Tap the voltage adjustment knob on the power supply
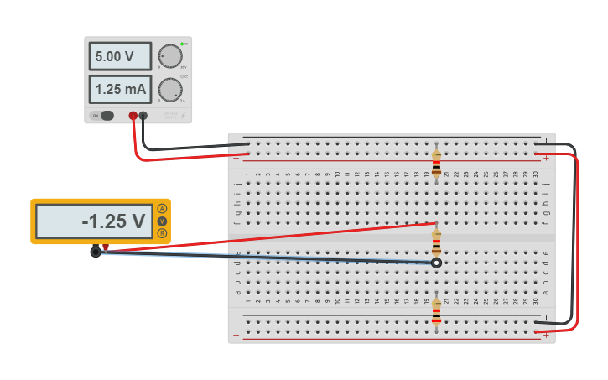click(170, 56)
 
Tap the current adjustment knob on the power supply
click(170, 89)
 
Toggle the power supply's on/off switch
click(107, 116)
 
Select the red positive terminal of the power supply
click(133, 116)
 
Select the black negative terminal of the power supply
click(143, 116)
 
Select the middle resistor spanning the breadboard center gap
click(436, 244)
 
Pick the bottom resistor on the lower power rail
click(436, 312)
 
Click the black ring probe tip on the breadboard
click(436, 263)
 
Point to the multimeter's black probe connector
click(96, 251)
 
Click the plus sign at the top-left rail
click(236, 158)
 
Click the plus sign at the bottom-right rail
click(547, 336)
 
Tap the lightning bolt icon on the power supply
click(184, 116)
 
